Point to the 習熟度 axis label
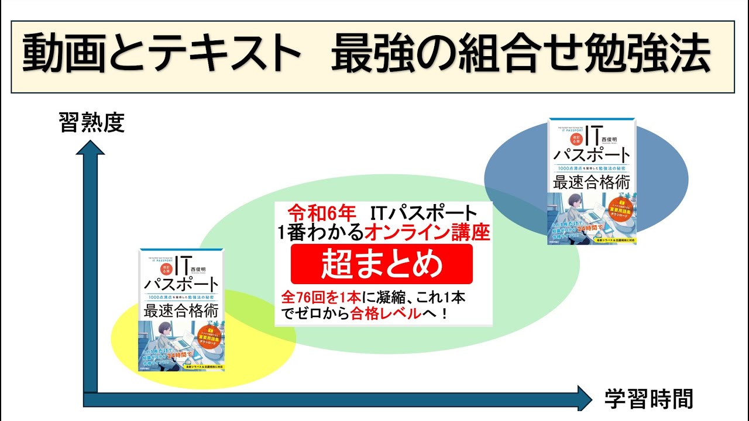click(x=92, y=123)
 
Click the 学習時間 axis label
click(x=648, y=399)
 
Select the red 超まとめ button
click(x=382, y=264)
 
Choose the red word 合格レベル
click(x=386, y=313)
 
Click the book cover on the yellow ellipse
click(x=182, y=310)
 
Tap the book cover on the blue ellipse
click(x=591, y=181)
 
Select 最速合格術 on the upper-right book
click(x=592, y=182)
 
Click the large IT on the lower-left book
click(x=175, y=265)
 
